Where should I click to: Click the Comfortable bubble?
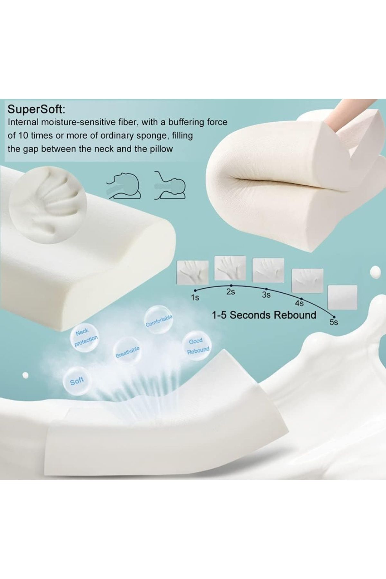pyautogui.click(x=159, y=320)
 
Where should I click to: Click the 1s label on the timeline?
pyautogui.click(x=195, y=298)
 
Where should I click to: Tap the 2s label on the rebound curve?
pyautogui.click(x=231, y=292)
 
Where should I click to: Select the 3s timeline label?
pyautogui.click(x=266, y=294)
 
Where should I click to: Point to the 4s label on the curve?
pyautogui.click(x=299, y=303)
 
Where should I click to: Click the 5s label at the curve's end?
pyautogui.click(x=334, y=322)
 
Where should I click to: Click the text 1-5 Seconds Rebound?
pyautogui.click(x=264, y=315)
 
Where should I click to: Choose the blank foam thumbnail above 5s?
pyautogui.click(x=342, y=296)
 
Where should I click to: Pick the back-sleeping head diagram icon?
pyautogui.click(x=171, y=185)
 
